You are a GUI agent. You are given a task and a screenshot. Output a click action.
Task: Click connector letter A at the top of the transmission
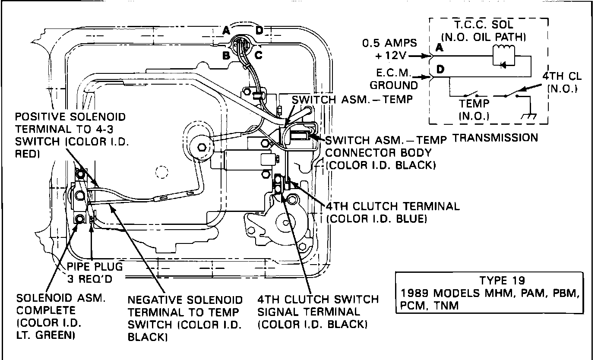click(x=226, y=30)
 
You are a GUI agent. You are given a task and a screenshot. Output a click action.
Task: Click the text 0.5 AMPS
click(x=389, y=43)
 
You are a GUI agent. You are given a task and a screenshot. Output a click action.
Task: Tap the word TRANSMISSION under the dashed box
click(x=495, y=138)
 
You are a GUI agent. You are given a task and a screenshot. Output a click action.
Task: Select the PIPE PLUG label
click(x=95, y=266)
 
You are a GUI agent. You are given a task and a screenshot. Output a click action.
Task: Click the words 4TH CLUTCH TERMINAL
click(x=393, y=206)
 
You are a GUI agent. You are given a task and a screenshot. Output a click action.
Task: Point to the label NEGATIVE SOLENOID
click(x=185, y=300)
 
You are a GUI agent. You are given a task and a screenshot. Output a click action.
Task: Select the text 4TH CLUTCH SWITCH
click(x=317, y=300)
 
